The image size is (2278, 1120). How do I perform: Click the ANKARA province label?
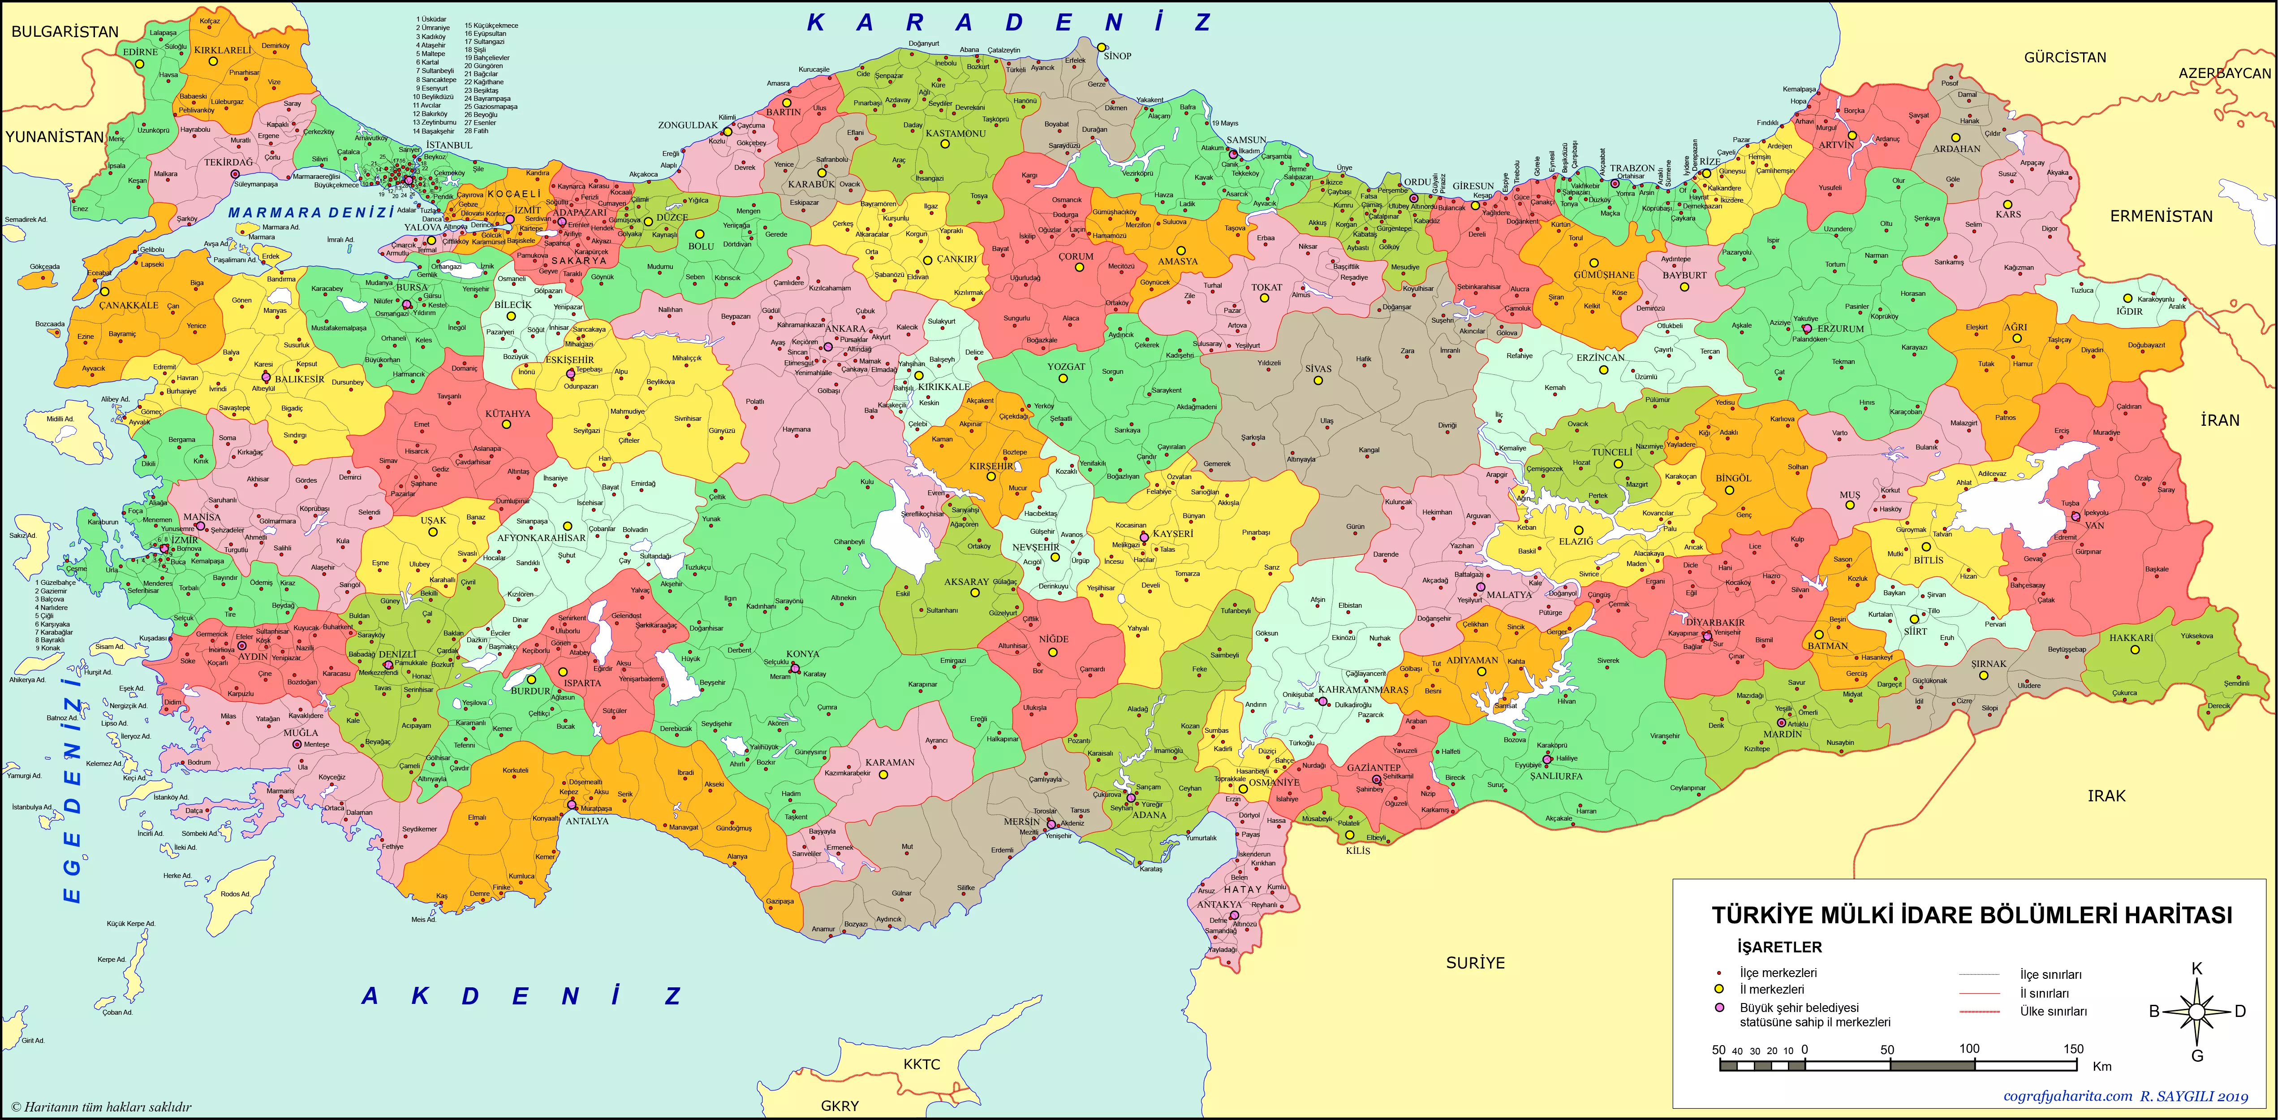(x=845, y=328)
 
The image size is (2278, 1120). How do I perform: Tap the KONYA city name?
(x=803, y=654)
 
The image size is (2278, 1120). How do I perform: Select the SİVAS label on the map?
(x=1318, y=369)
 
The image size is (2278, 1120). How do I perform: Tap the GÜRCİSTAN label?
(x=2065, y=57)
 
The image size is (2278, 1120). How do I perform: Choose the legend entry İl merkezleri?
(x=1771, y=989)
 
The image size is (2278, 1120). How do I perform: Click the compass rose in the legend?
(x=2196, y=1011)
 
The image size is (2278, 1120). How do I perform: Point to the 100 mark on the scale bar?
(x=1969, y=1048)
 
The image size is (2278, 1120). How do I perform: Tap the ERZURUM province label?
(x=1840, y=328)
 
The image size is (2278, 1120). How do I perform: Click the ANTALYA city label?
(x=587, y=821)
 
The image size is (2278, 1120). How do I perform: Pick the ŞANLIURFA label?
(x=1556, y=776)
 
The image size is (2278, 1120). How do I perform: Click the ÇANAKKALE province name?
(x=129, y=305)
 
